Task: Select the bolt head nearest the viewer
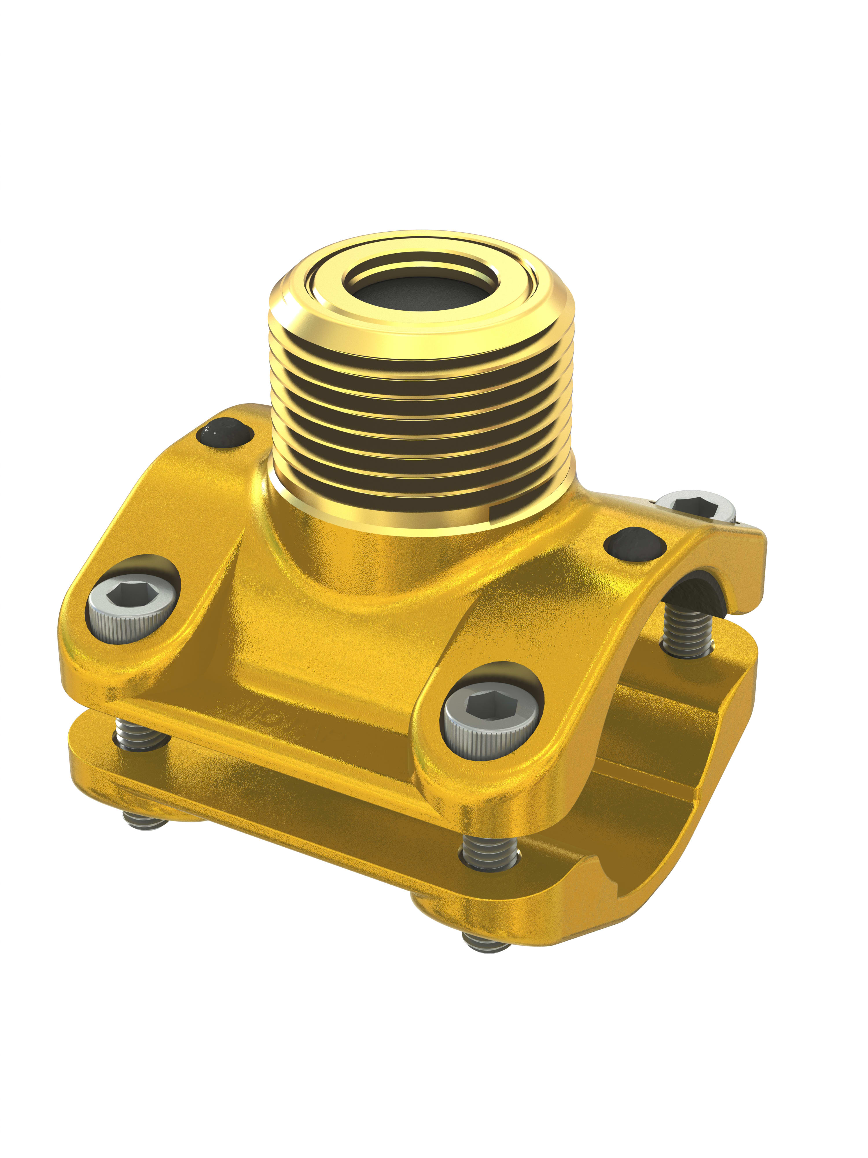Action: click(x=492, y=720)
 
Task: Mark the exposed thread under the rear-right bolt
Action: click(x=688, y=631)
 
